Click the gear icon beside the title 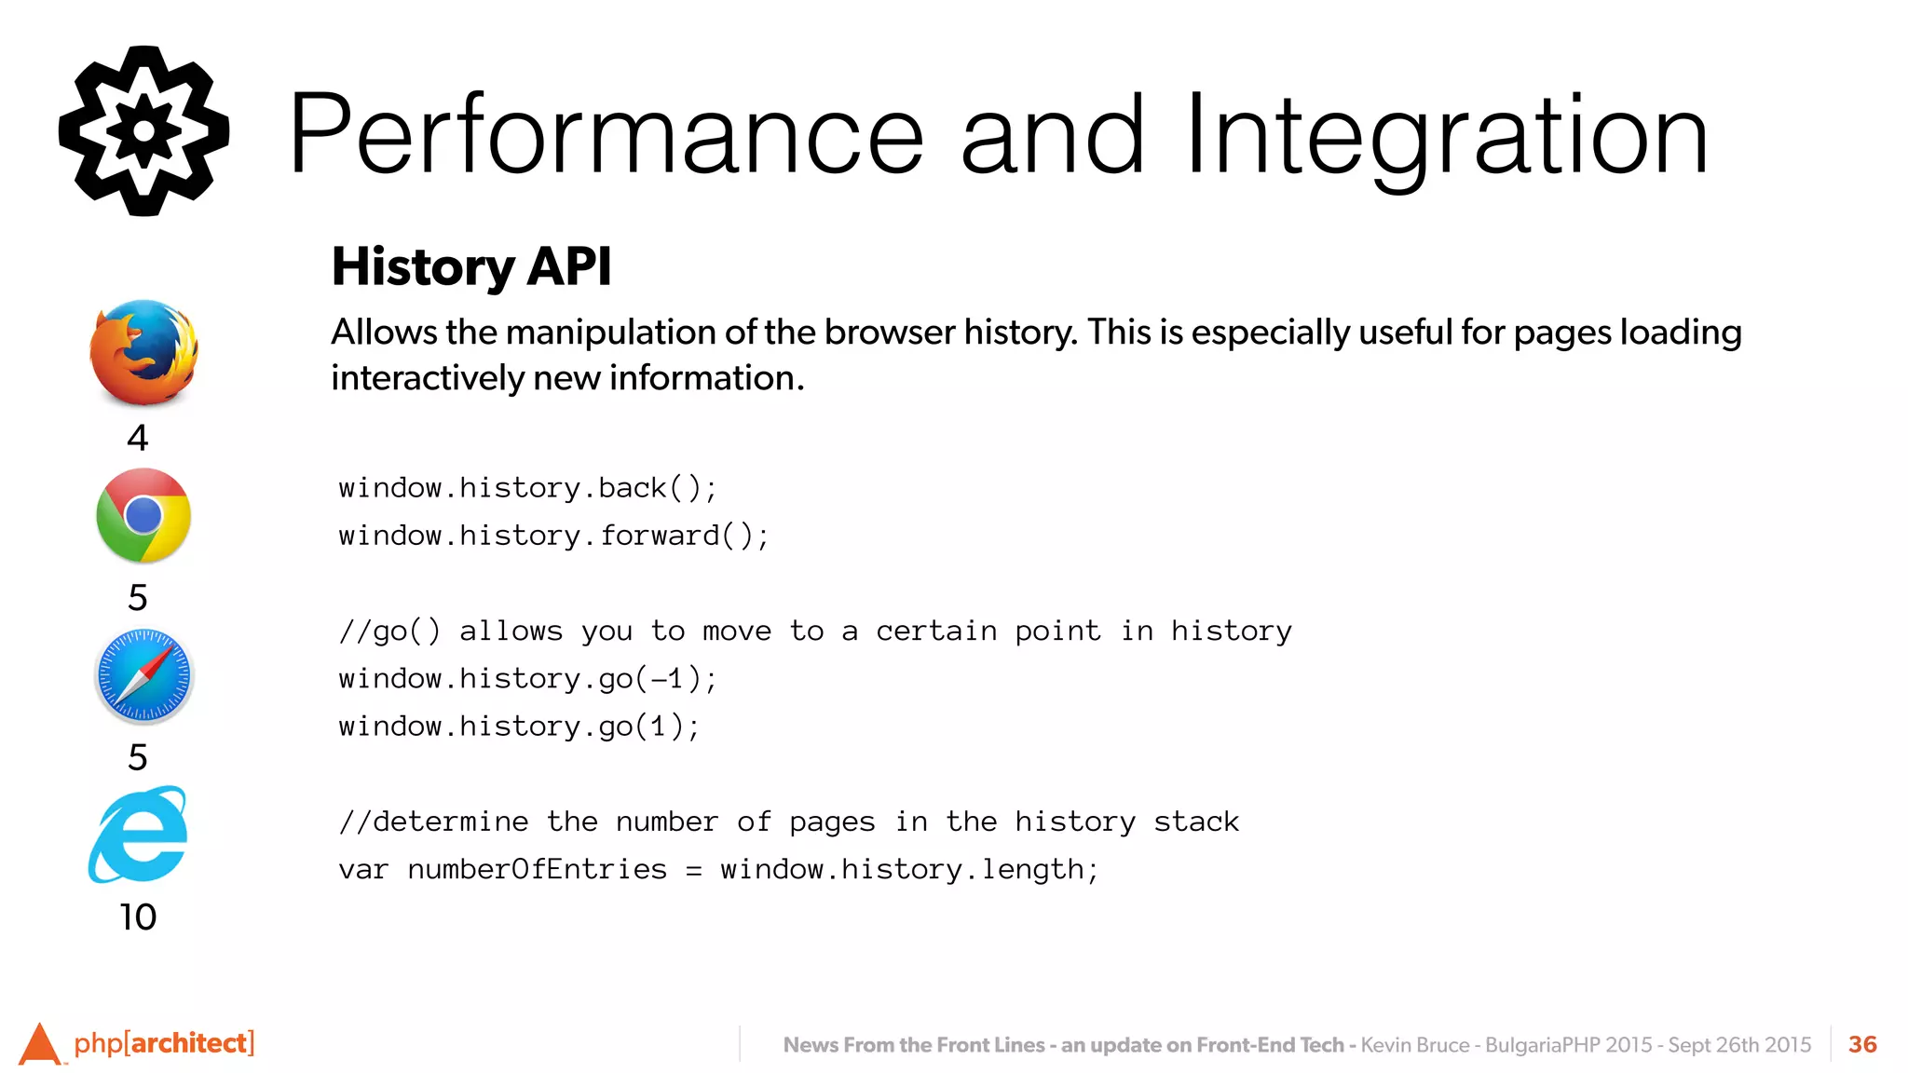point(143,131)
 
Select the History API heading point(471,266)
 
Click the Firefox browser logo point(143,352)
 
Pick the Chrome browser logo point(143,515)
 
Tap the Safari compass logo point(143,676)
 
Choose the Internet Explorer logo point(140,835)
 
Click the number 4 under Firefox point(138,438)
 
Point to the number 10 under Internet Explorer point(138,917)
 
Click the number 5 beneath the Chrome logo point(138,597)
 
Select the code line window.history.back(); point(527,488)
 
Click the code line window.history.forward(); point(553,536)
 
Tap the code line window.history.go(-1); point(527,679)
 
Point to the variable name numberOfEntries point(538,869)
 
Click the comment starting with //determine point(788,822)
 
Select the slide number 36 point(1862,1044)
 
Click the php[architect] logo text point(163,1042)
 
